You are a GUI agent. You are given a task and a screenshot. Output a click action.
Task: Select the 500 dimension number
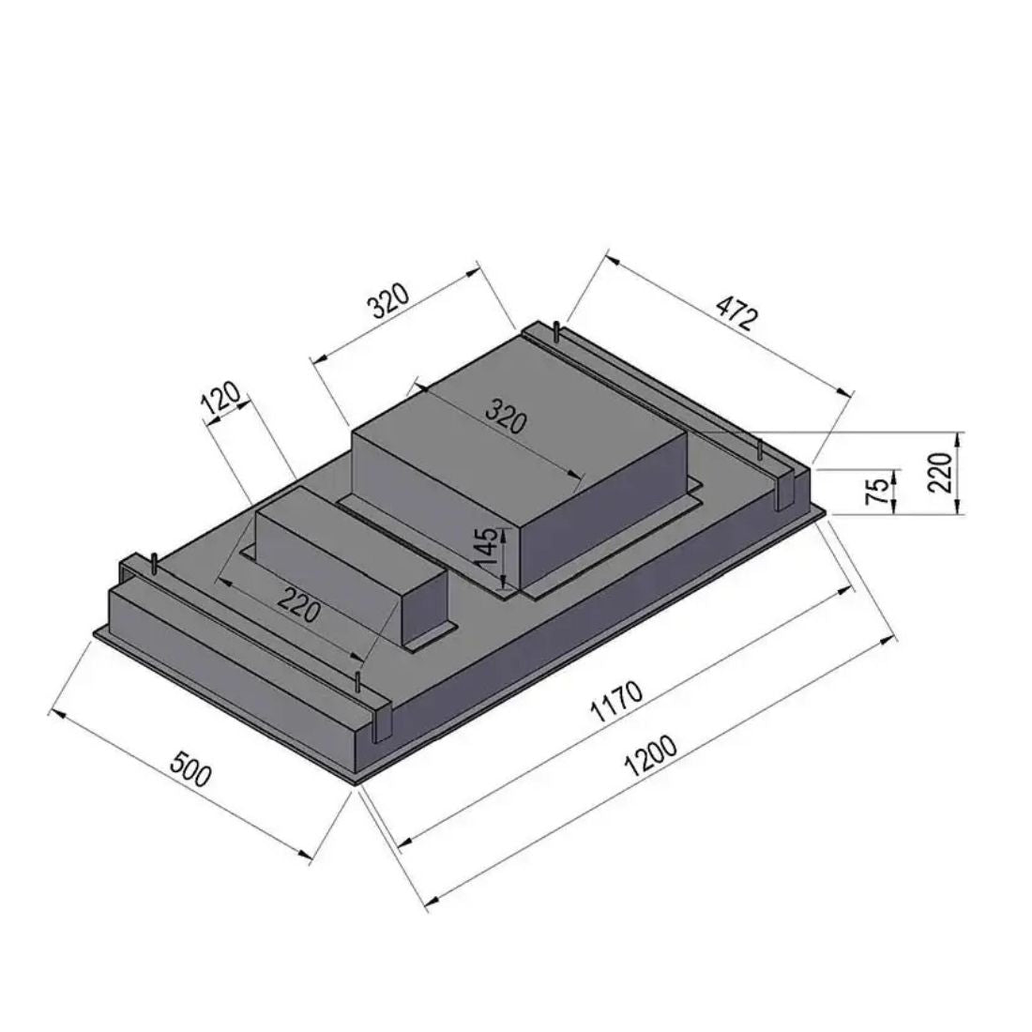click(191, 768)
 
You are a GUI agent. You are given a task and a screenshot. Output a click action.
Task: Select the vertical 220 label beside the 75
click(943, 472)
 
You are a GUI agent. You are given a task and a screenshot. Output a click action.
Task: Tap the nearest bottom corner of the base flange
click(354, 782)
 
